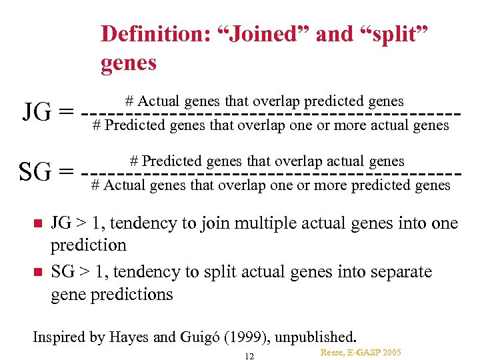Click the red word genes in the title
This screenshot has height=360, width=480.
[x=129, y=63]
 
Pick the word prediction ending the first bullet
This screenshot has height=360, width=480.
[x=89, y=245]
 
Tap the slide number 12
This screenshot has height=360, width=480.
[x=249, y=356]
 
